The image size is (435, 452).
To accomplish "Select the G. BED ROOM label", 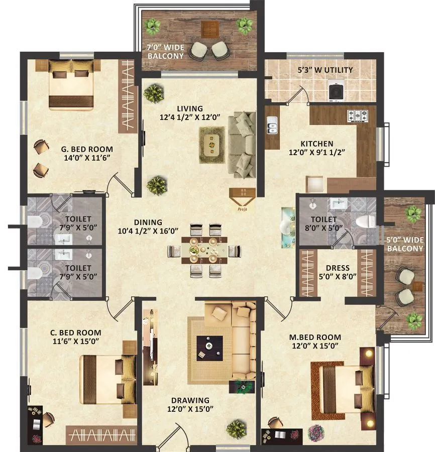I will click(x=87, y=149).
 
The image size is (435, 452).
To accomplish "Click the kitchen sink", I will click(x=272, y=126).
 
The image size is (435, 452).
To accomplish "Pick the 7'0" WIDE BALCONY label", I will click(x=165, y=52).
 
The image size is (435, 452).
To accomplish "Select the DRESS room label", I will click(x=337, y=268).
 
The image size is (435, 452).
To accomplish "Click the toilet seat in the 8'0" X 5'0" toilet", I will click(x=363, y=221).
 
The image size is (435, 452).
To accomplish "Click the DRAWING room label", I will click(x=190, y=400).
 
